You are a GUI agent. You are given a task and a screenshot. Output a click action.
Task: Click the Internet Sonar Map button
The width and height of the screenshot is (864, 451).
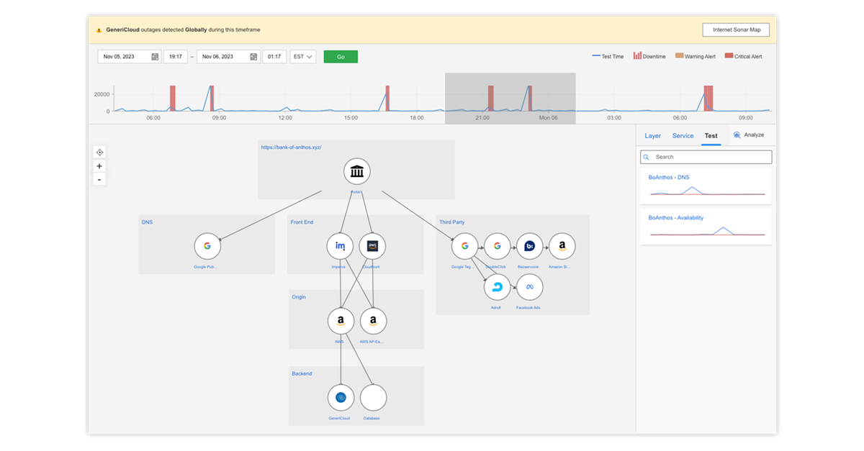click(736, 29)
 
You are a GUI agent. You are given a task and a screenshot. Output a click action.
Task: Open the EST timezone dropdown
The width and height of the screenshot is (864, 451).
click(302, 57)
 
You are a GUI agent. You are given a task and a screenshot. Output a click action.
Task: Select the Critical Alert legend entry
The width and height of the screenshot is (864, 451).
click(743, 56)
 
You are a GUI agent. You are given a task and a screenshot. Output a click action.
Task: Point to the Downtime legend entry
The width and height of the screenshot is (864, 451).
click(649, 56)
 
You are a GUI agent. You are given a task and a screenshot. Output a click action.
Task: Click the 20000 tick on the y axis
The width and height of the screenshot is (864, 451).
click(102, 94)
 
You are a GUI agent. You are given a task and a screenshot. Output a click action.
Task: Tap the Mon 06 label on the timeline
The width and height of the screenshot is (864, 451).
click(549, 117)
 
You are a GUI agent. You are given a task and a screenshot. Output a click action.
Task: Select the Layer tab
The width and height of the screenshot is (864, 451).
click(652, 136)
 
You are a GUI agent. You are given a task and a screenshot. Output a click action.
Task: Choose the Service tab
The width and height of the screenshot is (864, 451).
click(683, 136)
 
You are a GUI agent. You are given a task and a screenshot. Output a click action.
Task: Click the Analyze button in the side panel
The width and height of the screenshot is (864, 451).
click(748, 135)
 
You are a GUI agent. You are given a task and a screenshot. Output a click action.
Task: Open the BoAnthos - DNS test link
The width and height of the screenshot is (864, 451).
click(669, 177)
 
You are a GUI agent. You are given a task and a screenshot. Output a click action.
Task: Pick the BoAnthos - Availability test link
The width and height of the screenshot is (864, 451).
click(675, 217)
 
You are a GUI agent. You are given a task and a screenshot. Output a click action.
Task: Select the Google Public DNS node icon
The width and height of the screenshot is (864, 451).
click(207, 246)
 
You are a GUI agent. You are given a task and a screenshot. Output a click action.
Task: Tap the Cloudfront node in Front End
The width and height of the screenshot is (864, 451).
click(372, 246)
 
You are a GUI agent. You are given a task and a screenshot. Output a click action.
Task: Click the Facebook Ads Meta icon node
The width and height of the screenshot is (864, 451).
click(529, 287)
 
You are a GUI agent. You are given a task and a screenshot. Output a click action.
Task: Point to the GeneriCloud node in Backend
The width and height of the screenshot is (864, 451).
click(341, 397)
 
